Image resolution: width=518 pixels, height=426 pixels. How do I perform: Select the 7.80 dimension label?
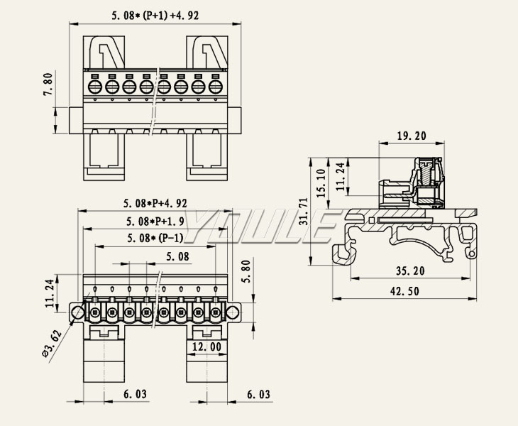click(x=48, y=84)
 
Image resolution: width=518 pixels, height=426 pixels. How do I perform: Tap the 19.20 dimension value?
click(x=412, y=135)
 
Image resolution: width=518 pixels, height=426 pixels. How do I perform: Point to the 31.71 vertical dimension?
click(x=304, y=211)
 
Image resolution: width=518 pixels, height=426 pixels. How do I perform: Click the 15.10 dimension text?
click(x=321, y=182)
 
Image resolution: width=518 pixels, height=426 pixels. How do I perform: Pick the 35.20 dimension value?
click(x=409, y=271)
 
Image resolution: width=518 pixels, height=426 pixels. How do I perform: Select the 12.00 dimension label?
click(x=206, y=346)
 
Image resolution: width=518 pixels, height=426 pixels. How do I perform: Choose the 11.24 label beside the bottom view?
click(x=49, y=293)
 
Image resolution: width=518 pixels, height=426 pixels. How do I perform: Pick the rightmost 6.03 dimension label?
click(x=258, y=393)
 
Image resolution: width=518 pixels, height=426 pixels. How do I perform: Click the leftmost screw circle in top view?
click(x=94, y=87)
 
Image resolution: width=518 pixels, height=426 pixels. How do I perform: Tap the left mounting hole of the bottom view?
click(x=77, y=311)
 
